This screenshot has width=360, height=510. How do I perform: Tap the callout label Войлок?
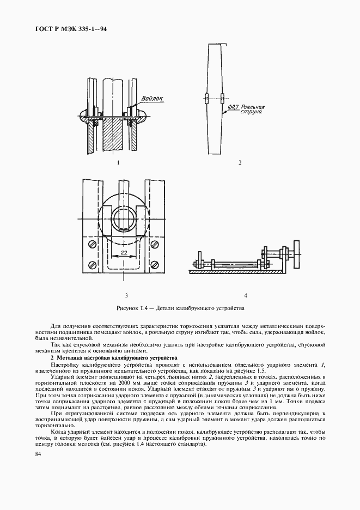tap(151, 99)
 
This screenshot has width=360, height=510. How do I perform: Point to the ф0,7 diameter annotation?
tap(235, 108)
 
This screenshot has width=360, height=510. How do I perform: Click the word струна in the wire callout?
tap(252, 114)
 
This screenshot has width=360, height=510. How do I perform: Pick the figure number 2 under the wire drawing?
tap(240, 162)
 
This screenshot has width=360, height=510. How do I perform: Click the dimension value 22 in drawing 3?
tap(125, 253)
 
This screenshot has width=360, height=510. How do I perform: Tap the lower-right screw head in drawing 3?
tap(155, 265)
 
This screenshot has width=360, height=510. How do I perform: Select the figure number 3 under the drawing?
tap(126, 295)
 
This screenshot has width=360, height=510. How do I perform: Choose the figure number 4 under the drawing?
tap(246, 295)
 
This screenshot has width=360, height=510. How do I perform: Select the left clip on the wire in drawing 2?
tap(206, 99)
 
